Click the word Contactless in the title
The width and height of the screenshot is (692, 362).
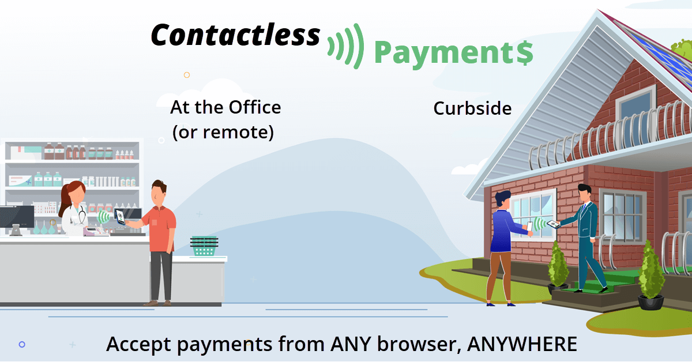pos(235,36)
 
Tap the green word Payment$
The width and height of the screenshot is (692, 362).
pos(453,53)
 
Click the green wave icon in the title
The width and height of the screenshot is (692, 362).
pos(345,45)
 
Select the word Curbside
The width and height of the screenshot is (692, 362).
pos(472,108)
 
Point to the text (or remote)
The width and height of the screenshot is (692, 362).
pos(223,133)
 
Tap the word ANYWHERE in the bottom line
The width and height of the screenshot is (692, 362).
pos(521,344)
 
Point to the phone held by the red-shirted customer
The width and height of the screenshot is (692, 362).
pos(121,217)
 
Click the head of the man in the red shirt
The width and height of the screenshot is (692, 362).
pos(158,192)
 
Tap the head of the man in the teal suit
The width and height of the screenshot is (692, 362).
pos(584,193)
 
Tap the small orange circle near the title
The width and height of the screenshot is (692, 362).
pos(187,75)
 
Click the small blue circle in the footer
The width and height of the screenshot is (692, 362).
pos(22,344)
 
